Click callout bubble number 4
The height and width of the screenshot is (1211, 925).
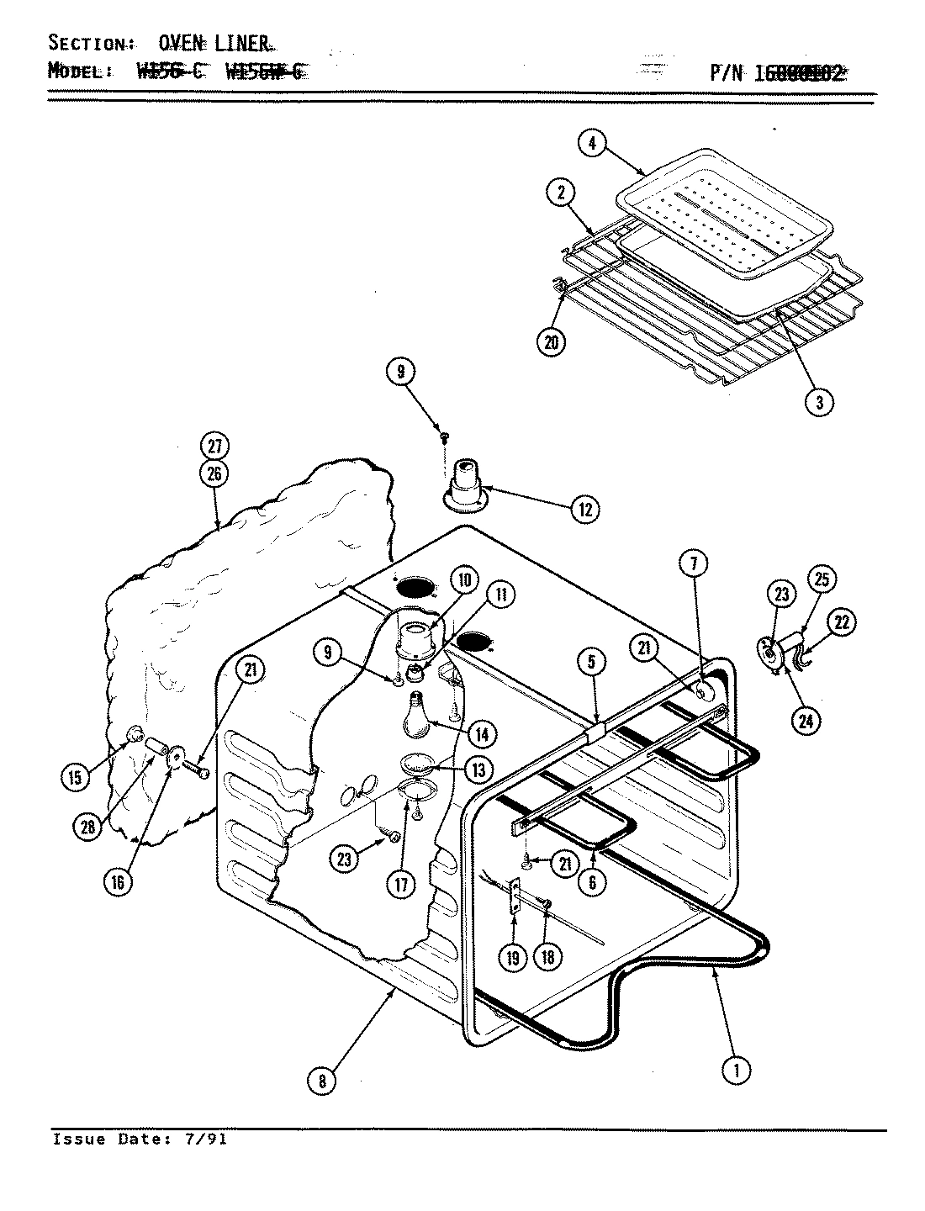(x=592, y=144)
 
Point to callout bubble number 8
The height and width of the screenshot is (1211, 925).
(x=322, y=1081)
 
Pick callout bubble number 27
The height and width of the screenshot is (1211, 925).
(x=214, y=447)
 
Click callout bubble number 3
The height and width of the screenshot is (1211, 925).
(x=819, y=402)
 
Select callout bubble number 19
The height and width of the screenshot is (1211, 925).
(x=513, y=956)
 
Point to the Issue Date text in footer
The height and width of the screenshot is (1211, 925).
(x=139, y=1140)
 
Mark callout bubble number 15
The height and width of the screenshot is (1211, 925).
(x=75, y=777)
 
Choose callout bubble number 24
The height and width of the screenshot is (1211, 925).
(x=806, y=720)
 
